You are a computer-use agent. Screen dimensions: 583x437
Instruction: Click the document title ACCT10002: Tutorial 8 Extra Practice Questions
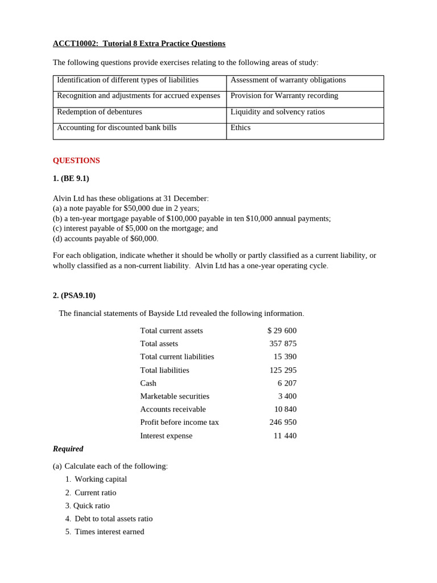point(139,44)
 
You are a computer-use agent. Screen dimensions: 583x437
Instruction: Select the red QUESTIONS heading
point(76,161)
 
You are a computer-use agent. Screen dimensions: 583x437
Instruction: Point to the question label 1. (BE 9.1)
point(71,178)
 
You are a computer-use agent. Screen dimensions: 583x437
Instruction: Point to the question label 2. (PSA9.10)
point(74,295)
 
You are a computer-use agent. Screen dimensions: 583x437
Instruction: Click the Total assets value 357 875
point(283,344)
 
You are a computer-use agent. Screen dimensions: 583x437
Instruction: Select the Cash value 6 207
point(287,383)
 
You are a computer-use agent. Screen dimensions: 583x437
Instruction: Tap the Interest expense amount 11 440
point(285,436)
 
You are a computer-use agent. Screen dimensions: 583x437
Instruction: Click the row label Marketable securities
point(175,396)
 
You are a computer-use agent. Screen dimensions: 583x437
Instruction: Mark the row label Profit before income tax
point(179,422)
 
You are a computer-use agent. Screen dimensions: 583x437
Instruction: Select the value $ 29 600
point(282,331)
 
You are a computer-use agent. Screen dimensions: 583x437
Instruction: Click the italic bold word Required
point(68,449)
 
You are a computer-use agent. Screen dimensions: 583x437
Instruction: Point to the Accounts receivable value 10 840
point(285,409)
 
